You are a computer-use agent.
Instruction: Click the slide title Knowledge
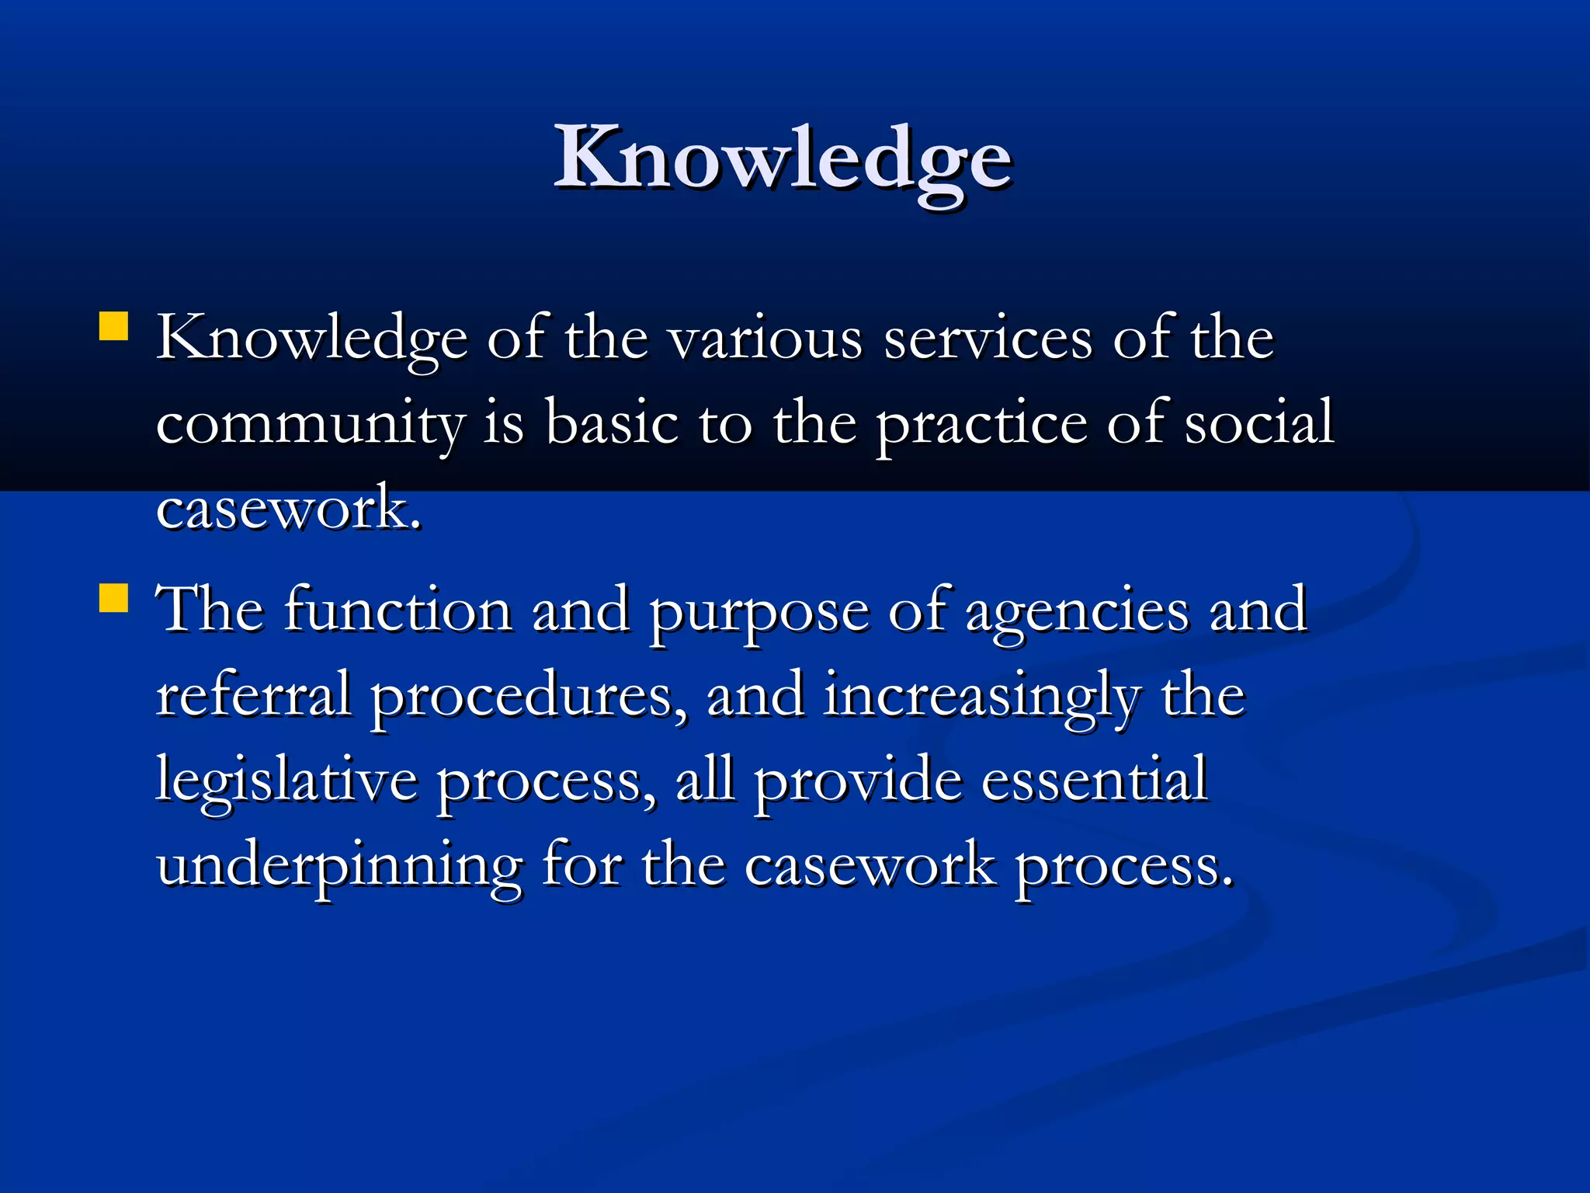783,158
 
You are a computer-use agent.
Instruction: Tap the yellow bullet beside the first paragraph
114,327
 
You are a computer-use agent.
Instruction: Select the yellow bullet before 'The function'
114,598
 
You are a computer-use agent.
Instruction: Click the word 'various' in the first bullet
765,339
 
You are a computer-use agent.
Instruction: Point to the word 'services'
988,339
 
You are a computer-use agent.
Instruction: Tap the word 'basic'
611,423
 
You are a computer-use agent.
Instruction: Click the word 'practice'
981,425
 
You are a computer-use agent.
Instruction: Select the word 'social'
1258,423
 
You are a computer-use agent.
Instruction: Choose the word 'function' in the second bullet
397,610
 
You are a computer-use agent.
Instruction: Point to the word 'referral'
254,695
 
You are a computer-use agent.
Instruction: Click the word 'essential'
1094,780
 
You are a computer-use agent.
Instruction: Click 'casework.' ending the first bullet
289,509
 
